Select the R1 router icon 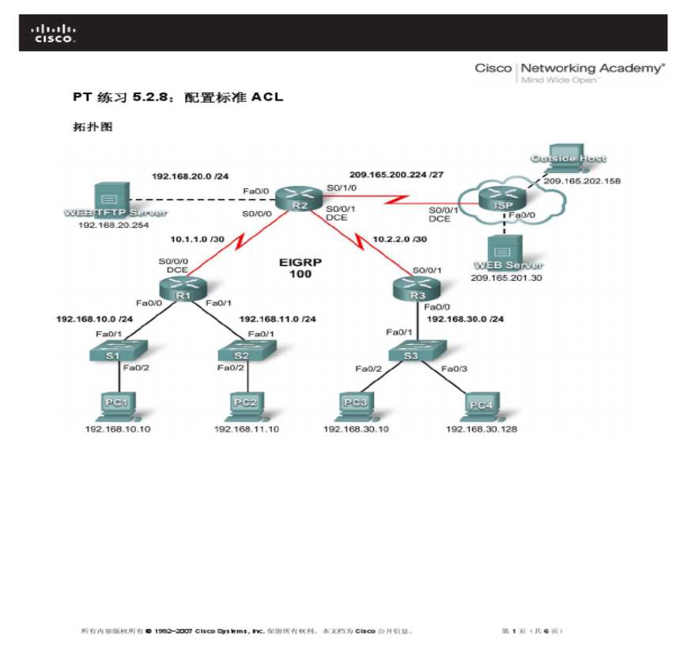tap(183, 289)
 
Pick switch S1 tap(112, 350)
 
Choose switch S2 tap(241, 350)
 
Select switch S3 tap(410, 350)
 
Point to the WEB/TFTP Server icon tap(109, 198)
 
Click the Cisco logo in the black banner tap(54, 33)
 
